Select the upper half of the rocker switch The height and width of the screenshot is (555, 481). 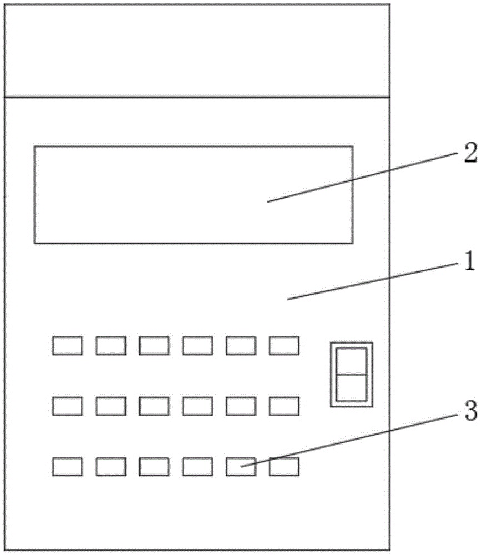pyautogui.click(x=352, y=361)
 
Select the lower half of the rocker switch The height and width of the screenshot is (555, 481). pyautogui.click(x=352, y=387)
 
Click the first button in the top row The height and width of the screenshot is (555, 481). pyautogui.click(x=68, y=346)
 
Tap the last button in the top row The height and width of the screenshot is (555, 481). pyautogui.click(x=284, y=346)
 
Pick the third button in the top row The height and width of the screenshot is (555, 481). pyautogui.click(x=154, y=346)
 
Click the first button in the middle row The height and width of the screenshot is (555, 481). pyautogui.click(x=68, y=406)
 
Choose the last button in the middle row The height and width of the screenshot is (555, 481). pyautogui.click(x=284, y=406)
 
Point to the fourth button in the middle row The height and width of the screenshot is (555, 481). pyautogui.click(x=198, y=406)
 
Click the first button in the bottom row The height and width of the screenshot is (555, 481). pyautogui.click(x=68, y=467)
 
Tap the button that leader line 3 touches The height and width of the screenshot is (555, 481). pyautogui.click(x=241, y=467)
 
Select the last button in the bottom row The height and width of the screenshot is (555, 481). pyautogui.click(x=284, y=467)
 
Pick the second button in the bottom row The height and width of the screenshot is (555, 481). pyautogui.click(x=111, y=467)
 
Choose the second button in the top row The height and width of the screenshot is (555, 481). pyautogui.click(x=111, y=346)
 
